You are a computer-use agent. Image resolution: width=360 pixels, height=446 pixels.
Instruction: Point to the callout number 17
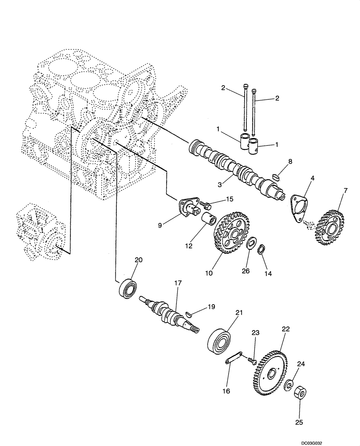[x=178, y=283]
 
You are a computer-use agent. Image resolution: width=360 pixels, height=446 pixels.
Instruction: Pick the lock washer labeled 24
[x=288, y=385]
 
